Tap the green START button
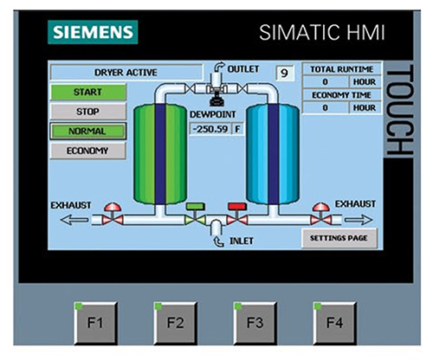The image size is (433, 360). [88, 92]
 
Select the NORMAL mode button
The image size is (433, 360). [88, 132]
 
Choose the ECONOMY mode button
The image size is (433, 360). [88, 151]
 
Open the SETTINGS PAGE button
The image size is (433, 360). [339, 238]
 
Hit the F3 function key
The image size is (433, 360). [255, 323]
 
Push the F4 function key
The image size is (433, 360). [335, 323]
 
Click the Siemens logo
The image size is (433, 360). [93, 32]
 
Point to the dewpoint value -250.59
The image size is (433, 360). [210, 129]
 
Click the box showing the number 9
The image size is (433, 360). [285, 74]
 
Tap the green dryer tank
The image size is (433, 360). [160, 154]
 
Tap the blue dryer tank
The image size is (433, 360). [273, 154]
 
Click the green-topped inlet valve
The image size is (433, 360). [195, 215]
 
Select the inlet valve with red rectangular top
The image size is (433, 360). [237, 215]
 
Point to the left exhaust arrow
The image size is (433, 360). [74, 220]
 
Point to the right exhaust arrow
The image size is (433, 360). [359, 220]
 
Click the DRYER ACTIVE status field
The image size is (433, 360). [126, 72]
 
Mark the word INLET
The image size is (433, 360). [242, 241]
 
